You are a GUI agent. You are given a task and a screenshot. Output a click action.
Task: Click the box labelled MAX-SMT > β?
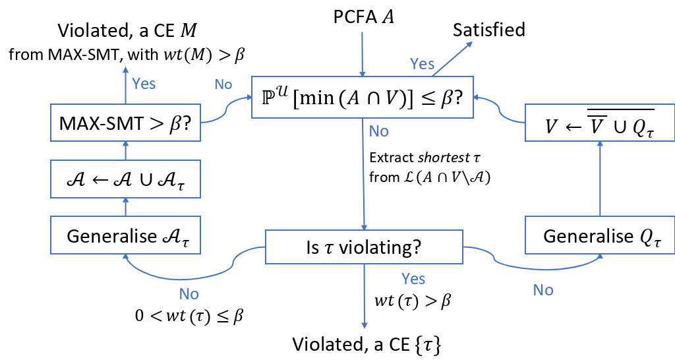click(125, 123)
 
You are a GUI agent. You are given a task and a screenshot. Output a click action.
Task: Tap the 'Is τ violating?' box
click(364, 247)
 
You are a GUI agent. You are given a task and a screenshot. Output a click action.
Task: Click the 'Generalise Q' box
click(599, 235)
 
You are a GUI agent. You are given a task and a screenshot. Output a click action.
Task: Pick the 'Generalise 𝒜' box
click(125, 235)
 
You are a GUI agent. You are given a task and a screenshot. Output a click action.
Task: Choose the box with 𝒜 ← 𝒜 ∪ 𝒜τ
click(125, 180)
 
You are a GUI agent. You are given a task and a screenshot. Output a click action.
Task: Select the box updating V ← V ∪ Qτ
click(599, 123)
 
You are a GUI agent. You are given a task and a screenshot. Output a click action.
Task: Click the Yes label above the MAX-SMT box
click(144, 84)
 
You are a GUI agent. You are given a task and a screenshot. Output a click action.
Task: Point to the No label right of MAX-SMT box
click(223, 84)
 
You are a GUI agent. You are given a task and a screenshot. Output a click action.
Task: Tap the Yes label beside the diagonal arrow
click(423, 64)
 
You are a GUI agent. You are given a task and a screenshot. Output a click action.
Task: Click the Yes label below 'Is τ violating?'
click(413, 279)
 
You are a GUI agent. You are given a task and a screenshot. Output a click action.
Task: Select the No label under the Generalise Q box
click(543, 290)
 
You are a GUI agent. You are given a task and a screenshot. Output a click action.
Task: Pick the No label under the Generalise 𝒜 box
click(189, 294)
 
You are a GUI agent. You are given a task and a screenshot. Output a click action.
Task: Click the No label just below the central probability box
click(379, 131)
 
